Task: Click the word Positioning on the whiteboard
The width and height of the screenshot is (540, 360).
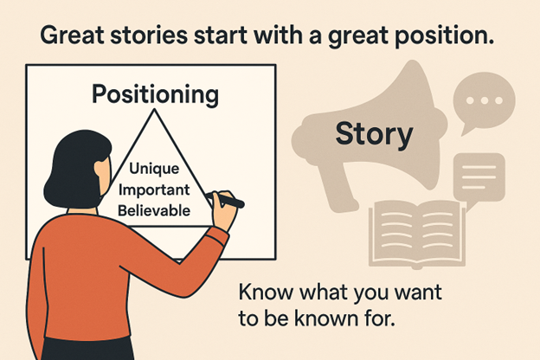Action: pos(155,94)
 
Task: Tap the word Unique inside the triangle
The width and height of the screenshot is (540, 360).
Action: pos(154,169)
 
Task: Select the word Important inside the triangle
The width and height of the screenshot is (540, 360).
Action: pos(154,190)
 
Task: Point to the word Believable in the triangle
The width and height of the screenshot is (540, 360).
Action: pos(154,210)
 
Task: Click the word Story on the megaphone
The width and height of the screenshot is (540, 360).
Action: pos(374,134)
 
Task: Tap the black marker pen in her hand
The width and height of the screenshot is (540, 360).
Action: pos(226,200)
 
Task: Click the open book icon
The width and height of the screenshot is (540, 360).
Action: pos(417,235)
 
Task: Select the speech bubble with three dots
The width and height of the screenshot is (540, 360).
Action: pos(484,101)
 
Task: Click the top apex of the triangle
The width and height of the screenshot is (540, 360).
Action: pos(155,109)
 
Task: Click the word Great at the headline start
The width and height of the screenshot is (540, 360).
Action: pos(72,35)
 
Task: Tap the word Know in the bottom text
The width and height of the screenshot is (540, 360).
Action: pos(266,292)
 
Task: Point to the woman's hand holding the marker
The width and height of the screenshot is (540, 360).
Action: pos(224,210)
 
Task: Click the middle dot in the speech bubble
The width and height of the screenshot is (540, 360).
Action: pos(485,100)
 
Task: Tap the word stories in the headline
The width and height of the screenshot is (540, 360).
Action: pos(149,35)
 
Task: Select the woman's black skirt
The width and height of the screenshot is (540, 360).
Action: pos(87,349)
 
